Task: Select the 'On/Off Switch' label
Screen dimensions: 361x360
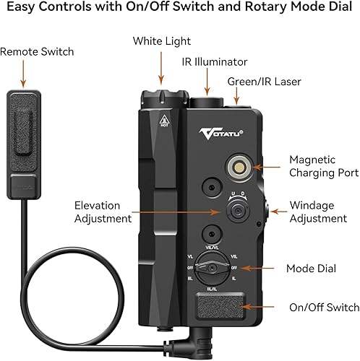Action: pyautogui.click(x=323, y=307)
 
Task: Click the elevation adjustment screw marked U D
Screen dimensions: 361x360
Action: pyautogui.click(x=236, y=212)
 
